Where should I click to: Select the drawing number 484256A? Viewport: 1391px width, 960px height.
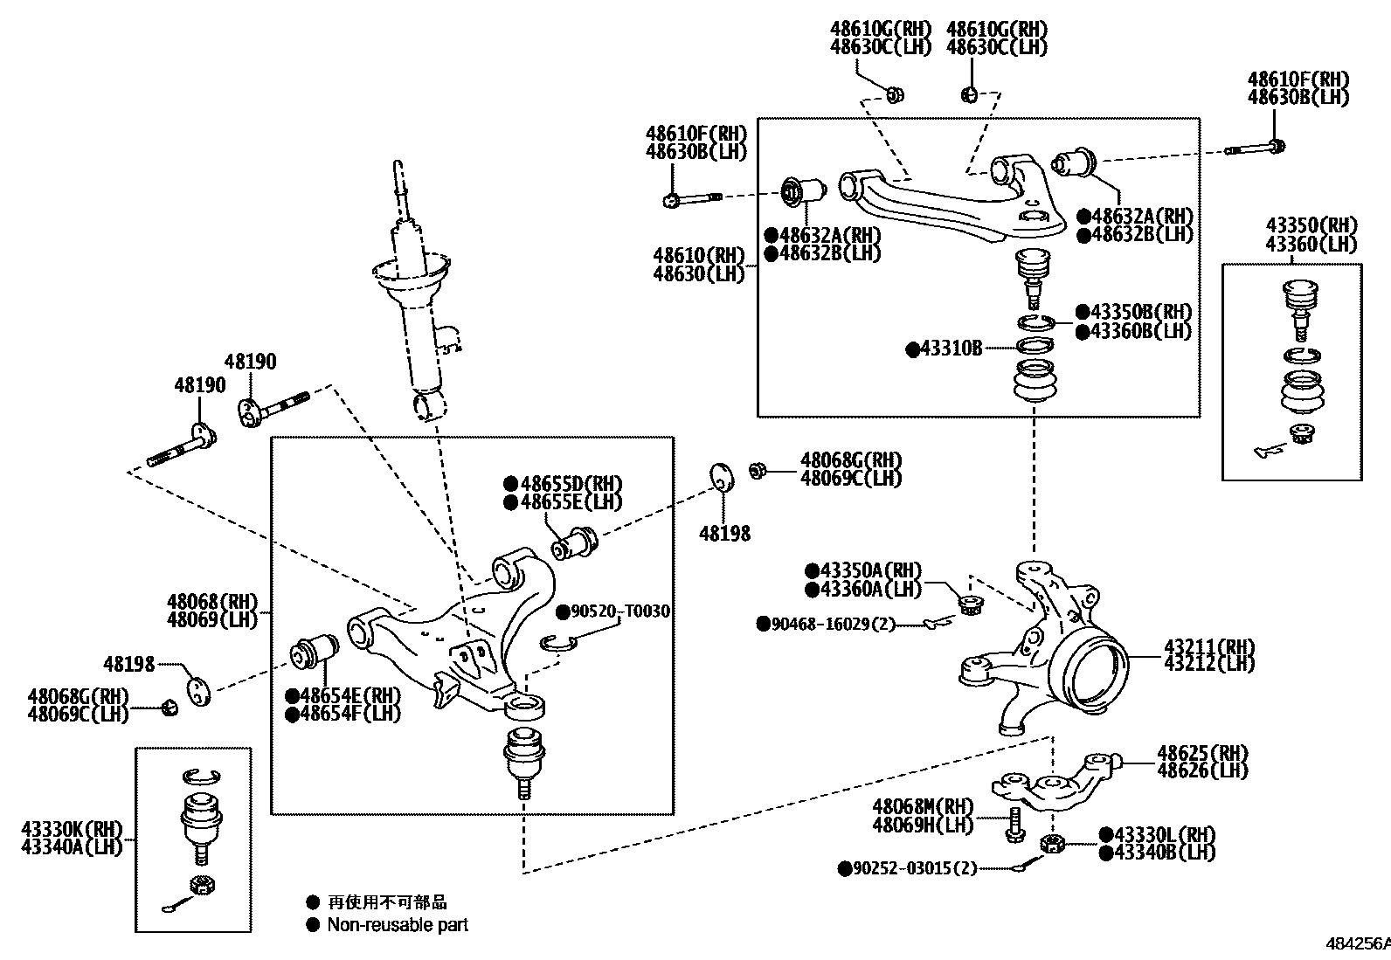pyautogui.click(x=1358, y=943)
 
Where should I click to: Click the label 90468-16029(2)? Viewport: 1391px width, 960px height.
pyautogui.click(x=833, y=624)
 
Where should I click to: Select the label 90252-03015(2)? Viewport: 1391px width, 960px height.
pyautogui.click(x=913, y=868)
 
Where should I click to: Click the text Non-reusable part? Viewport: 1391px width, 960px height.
pyautogui.click(x=398, y=924)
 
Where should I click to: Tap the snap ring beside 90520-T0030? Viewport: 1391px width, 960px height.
pyautogui.click(x=557, y=643)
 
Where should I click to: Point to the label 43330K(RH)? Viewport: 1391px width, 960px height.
pyautogui.click(x=72, y=828)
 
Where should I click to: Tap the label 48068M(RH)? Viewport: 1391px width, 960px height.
pyautogui.click(x=922, y=806)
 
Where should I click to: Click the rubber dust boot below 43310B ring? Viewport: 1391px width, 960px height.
pyautogui.click(x=1035, y=382)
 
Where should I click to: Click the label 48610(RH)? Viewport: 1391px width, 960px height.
pyautogui.click(x=699, y=256)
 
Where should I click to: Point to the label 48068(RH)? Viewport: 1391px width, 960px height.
pyautogui.click(x=213, y=601)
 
